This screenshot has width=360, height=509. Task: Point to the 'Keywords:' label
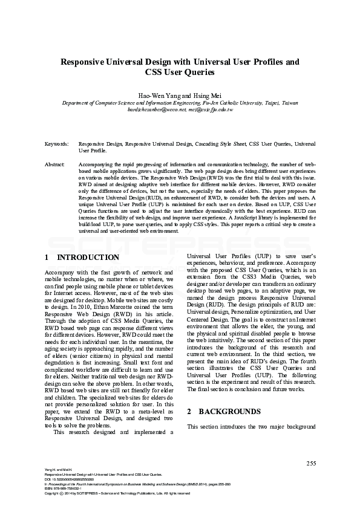[x=57, y=144]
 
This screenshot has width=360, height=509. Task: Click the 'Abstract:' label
[x=56, y=164]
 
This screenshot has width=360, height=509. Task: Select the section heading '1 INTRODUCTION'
[x=82, y=258]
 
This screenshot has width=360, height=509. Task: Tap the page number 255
[x=312, y=463]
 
